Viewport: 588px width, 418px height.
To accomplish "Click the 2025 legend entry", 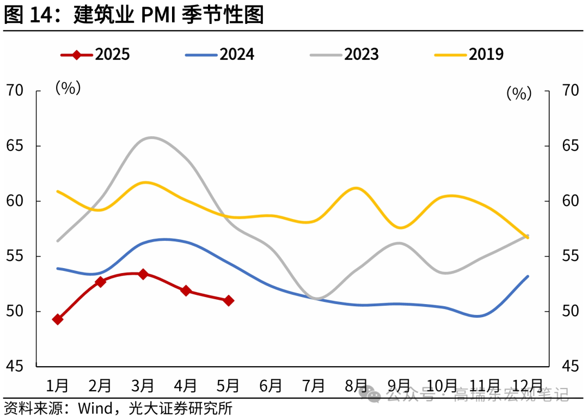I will point(96,54).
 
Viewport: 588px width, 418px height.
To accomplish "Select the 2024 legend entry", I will point(220,54).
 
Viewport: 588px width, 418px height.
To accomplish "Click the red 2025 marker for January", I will point(58,319).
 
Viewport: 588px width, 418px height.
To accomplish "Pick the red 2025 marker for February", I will point(100,282).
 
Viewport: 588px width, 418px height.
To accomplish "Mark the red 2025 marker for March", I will point(143,274).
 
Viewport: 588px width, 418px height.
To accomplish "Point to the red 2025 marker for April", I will point(186,291).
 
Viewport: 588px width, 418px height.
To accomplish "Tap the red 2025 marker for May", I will point(229,300).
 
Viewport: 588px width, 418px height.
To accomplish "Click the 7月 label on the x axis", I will point(314,386).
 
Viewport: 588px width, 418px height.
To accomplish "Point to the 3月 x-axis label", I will point(143,386).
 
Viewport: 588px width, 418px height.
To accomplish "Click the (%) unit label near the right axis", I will point(518,94).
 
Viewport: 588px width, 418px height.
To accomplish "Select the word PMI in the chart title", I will point(158,15).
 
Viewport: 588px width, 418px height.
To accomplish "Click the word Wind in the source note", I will point(94,408).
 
